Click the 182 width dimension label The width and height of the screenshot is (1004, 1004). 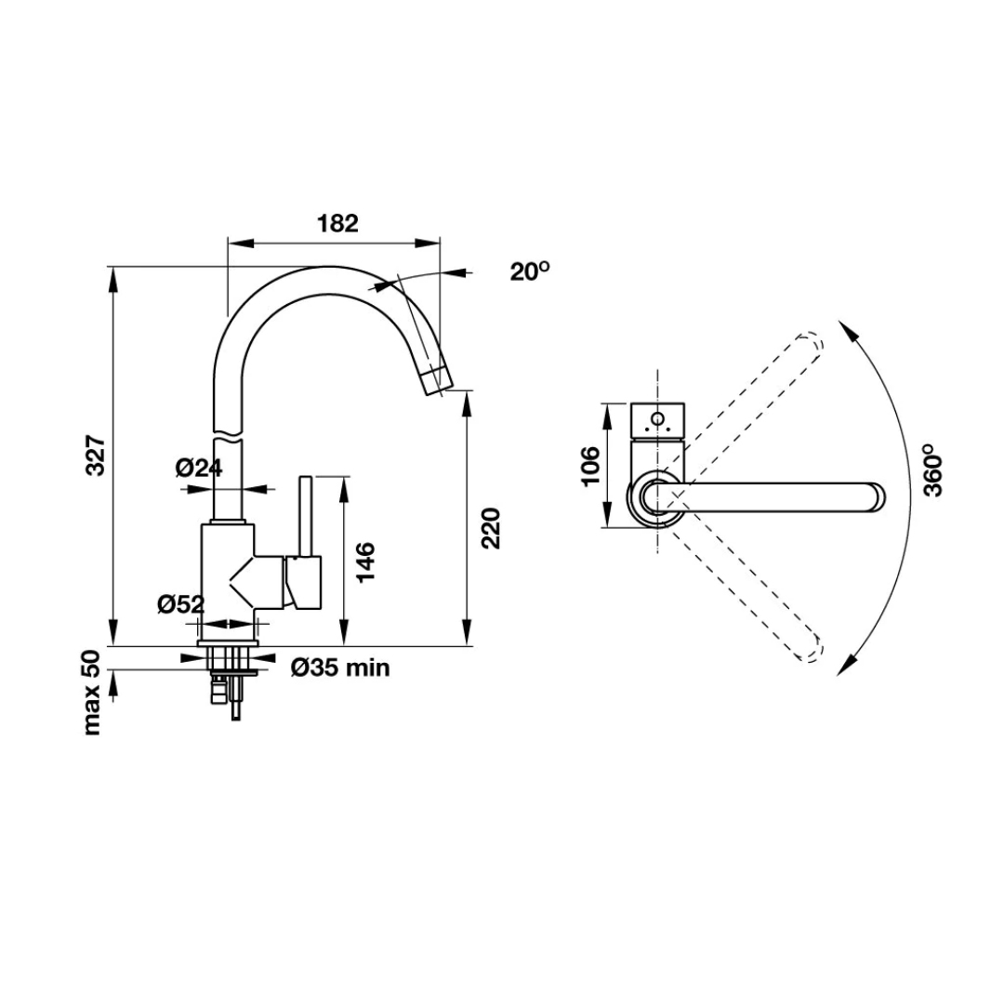(337, 223)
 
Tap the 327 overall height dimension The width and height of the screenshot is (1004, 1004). (96, 456)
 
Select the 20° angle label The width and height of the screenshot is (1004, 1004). (530, 271)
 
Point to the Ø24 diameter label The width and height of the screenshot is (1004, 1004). (199, 468)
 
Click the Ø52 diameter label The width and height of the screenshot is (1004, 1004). (181, 604)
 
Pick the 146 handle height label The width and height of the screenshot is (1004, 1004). (365, 561)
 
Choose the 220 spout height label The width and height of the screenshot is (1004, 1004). (491, 528)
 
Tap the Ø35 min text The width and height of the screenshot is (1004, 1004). (340, 667)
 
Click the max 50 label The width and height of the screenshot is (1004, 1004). (92, 693)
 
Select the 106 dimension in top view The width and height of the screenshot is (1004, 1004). (590, 466)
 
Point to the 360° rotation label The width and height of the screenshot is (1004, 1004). (933, 470)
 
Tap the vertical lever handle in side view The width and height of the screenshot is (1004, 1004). (306, 516)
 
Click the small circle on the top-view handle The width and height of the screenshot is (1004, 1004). (657, 419)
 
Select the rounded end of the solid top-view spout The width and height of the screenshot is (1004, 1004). (877, 497)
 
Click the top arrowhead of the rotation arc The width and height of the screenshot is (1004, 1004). (848, 330)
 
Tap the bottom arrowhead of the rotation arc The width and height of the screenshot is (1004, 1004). (846, 666)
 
